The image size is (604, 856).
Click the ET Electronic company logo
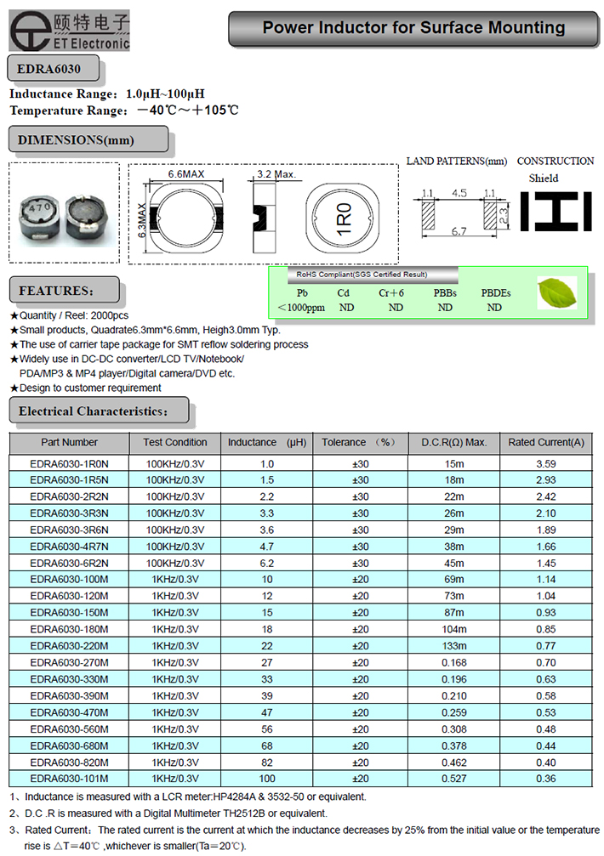(68, 29)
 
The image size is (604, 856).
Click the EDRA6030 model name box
(53, 67)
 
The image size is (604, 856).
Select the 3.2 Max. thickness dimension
(275, 174)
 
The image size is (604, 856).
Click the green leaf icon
(557, 292)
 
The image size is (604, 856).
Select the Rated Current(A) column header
(546, 442)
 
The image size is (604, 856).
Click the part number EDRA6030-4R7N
(69, 547)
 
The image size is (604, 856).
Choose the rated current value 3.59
(546, 464)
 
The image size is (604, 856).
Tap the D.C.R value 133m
(454, 646)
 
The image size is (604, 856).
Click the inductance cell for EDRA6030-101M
(267, 779)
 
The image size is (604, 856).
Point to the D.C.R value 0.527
(454, 779)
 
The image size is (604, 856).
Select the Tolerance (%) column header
(359, 442)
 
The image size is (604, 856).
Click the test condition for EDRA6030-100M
(175, 580)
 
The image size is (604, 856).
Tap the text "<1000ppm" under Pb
(301, 308)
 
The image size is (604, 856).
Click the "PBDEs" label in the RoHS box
(495, 293)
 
